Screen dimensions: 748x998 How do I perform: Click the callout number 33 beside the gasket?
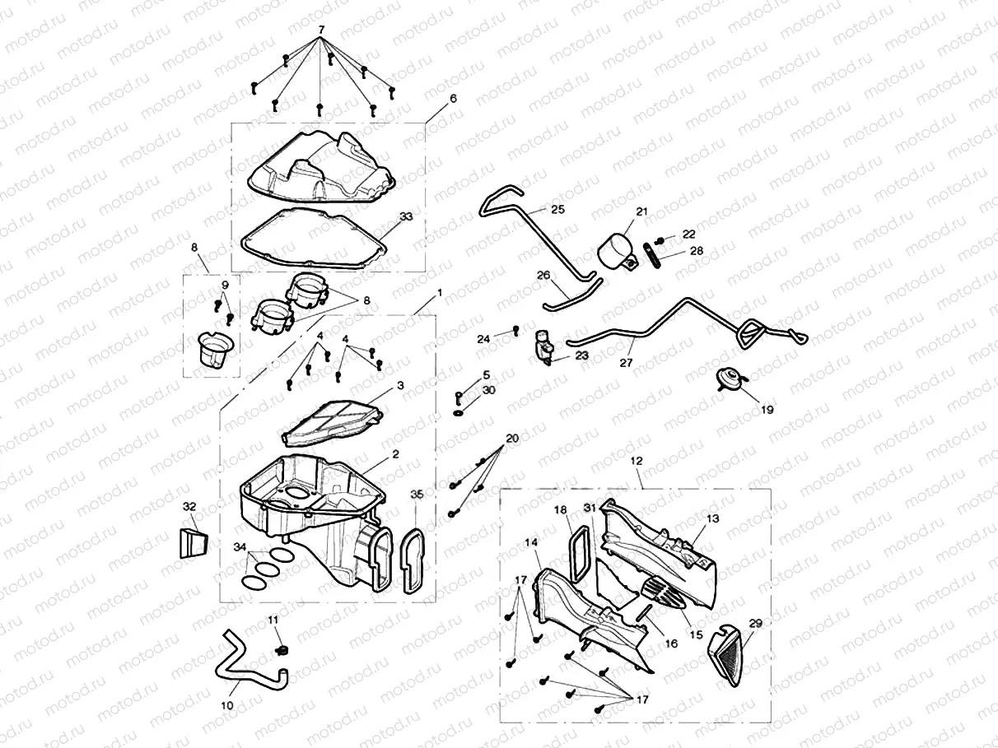coord(405,216)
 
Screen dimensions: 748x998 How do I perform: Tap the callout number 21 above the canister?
coord(642,211)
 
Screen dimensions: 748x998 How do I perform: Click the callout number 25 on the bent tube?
coord(557,210)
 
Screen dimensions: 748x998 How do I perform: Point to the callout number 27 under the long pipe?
coord(627,361)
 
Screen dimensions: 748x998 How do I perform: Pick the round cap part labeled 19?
coord(728,379)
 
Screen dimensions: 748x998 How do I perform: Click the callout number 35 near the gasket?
coord(417,494)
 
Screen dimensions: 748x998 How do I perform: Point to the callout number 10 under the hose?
coord(228,705)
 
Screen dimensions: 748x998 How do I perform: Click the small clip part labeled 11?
coord(279,650)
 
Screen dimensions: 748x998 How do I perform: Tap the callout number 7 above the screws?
coord(321,30)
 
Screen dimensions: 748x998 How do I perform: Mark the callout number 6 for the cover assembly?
coord(452,98)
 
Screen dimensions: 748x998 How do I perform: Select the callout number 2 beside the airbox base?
coord(395,453)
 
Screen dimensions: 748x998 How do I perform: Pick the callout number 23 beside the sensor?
coord(582,355)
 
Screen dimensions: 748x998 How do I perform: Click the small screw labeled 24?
coord(515,331)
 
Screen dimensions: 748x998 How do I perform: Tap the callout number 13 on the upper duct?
coord(712,518)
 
